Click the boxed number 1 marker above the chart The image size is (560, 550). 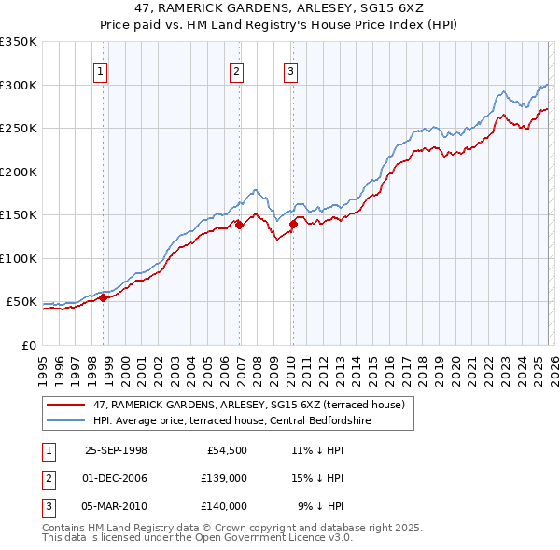tap(100, 70)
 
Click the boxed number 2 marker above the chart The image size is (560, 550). tap(236, 70)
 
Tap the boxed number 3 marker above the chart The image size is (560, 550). tap(290, 70)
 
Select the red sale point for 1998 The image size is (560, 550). tap(104, 297)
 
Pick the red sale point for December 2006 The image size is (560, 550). tap(239, 224)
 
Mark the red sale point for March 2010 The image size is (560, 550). tap(293, 223)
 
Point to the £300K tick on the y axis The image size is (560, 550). tap(19, 85)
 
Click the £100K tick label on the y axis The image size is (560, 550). tap(19, 258)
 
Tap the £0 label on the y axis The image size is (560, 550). tap(28, 345)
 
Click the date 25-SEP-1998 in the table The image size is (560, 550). tap(116, 450)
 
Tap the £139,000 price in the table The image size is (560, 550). tap(223, 478)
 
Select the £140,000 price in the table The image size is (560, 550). tap(223, 506)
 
